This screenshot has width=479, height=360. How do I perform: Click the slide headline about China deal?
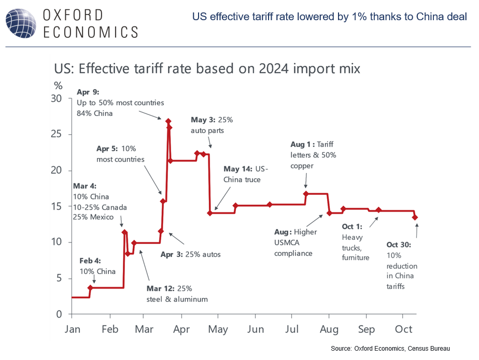329,17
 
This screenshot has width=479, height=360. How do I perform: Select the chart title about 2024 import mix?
207,68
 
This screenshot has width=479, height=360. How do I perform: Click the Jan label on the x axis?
72,329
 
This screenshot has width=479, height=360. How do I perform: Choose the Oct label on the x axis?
404,329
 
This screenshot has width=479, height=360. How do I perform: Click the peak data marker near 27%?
168,121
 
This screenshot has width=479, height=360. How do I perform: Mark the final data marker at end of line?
415,217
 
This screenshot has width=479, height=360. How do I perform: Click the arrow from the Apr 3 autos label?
176,239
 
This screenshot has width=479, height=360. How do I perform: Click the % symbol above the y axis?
58,85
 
